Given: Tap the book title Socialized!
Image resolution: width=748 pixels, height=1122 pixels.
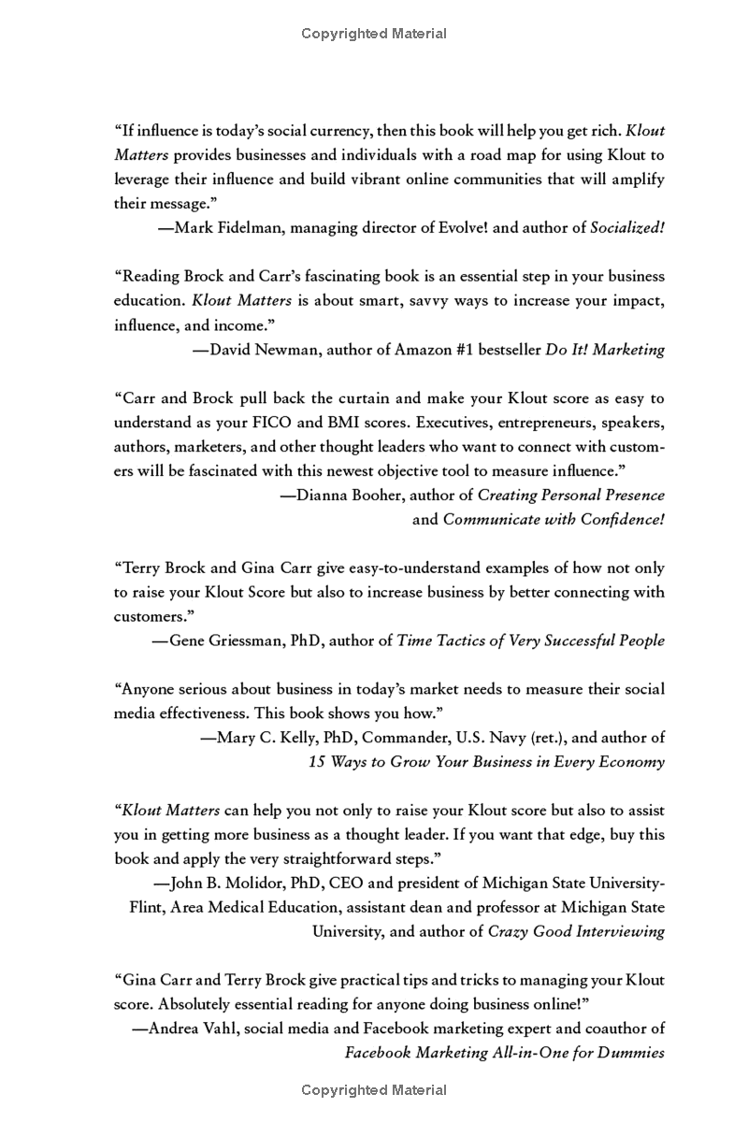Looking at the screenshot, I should (627, 227).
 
